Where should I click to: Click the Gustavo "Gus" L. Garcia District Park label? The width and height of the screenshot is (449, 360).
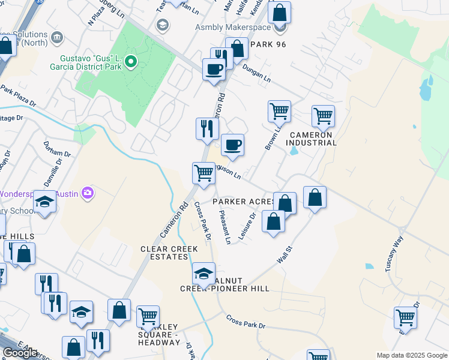[x=90, y=62]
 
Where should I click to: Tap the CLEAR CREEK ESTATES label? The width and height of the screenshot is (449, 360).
[x=164, y=253]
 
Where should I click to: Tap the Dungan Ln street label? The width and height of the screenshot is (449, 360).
[x=258, y=74]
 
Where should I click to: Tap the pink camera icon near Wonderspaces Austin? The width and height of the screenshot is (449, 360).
[x=88, y=192]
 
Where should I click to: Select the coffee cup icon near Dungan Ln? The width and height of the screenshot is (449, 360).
[x=214, y=70]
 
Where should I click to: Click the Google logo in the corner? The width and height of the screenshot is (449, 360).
[x=19, y=353]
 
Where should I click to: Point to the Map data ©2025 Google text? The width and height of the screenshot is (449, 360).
[x=411, y=355]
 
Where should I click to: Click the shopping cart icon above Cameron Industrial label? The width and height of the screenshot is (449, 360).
[x=323, y=116]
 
